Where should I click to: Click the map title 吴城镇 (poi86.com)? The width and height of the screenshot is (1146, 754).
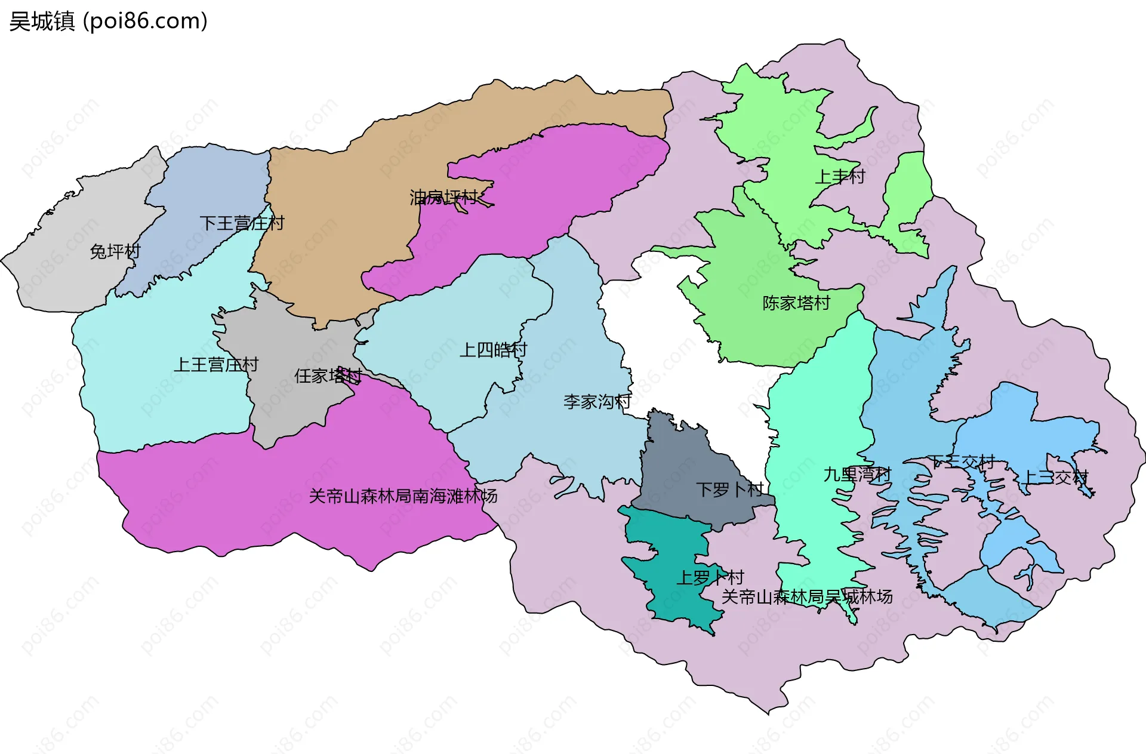coord(108,21)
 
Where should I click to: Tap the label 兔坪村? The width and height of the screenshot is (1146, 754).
coord(115,252)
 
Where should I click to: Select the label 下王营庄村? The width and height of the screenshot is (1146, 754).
coord(242,223)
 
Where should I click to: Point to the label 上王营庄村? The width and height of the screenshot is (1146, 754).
coord(216,364)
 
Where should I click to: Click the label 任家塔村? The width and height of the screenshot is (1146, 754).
coord(328,376)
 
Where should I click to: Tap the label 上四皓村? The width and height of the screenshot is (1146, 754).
coord(493,350)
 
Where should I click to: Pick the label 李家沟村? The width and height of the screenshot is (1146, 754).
coord(597,402)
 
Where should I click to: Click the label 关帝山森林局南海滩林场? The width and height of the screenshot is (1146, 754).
coord(403,496)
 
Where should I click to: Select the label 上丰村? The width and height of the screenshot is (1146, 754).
coord(840,177)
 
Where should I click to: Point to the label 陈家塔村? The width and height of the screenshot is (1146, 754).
coord(796,303)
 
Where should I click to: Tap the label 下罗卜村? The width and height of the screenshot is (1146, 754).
coord(729,490)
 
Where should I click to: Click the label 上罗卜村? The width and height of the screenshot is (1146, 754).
coord(710,577)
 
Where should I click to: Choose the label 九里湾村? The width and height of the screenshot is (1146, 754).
coord(857,475)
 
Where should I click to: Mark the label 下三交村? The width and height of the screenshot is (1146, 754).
coord(961,461)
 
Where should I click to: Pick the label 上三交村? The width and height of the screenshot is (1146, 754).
coord(1055,478)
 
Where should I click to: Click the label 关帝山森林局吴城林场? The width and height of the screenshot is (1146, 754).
coord(807,597)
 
